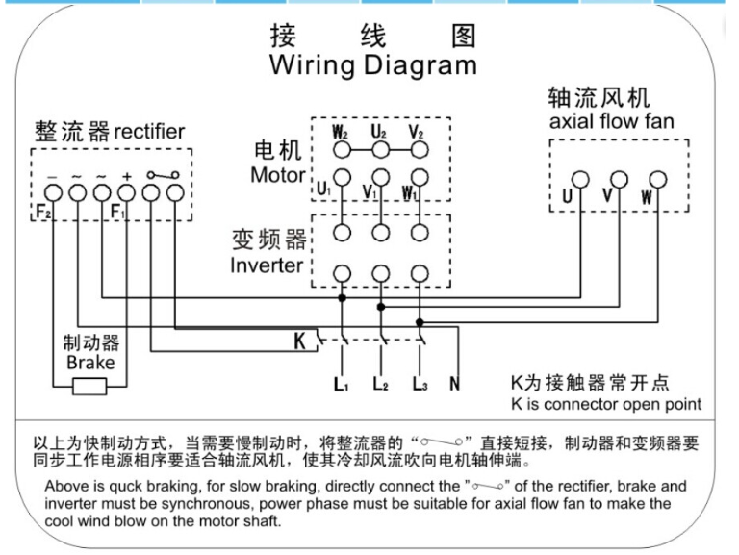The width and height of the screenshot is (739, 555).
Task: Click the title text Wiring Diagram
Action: pyautogui.click(x=372, y=65)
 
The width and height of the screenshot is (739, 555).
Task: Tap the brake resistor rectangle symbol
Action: pyautogui.click(x=90, y=388)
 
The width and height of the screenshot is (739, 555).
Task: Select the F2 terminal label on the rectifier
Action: pyautogui.click(x=42, y=211)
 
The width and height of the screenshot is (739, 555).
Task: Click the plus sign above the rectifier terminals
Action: pyautogui.click(x=126, y=177)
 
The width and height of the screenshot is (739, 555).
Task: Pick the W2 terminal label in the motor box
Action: pyautogui.click(x=340, y=131)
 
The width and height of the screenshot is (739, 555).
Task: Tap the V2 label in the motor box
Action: pyautogui.click(x=416, y=131)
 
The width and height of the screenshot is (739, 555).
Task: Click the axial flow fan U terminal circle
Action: pyautogui.click(x=580, y=180)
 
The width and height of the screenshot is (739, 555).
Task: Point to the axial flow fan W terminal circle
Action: pyautogui.click(x=657, y=180)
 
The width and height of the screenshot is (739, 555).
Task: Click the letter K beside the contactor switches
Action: pyautogui.click(x=299, y=340)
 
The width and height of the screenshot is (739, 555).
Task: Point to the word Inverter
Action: pyautogui.click(x=267, y=265)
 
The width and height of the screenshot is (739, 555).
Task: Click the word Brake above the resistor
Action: pyautogui.click(x=90, y=363)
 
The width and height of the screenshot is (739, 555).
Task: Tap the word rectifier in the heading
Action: pyautogui.click(x=149, y=131)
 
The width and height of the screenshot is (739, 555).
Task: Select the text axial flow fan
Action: pyautogui.click(x=611, y=121)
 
